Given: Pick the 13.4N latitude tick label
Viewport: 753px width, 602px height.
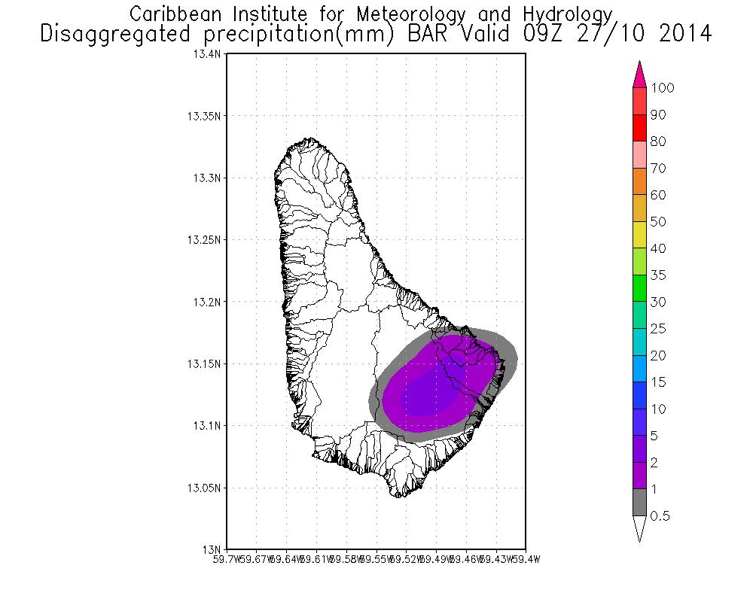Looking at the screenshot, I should (x=208, y=55).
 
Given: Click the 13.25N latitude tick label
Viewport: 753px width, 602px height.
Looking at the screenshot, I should (x=205, y=240).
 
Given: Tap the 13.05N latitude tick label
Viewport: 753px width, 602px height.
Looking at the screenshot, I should (x=205, y=488).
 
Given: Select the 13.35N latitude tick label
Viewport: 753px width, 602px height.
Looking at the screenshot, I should (x=205, y=117).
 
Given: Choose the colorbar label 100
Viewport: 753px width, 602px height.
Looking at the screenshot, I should (x=663, y=88).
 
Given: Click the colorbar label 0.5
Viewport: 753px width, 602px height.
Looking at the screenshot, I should (x=660, y=516).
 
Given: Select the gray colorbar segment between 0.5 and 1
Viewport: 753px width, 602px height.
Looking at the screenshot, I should (x=639, y=502).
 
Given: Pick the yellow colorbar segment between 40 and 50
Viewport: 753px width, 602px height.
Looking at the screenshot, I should (x=639, y=235).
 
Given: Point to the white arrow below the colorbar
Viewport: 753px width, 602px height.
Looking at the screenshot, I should (x=639, y=528).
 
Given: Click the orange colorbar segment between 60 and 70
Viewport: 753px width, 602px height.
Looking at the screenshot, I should (x=639, y=181).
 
